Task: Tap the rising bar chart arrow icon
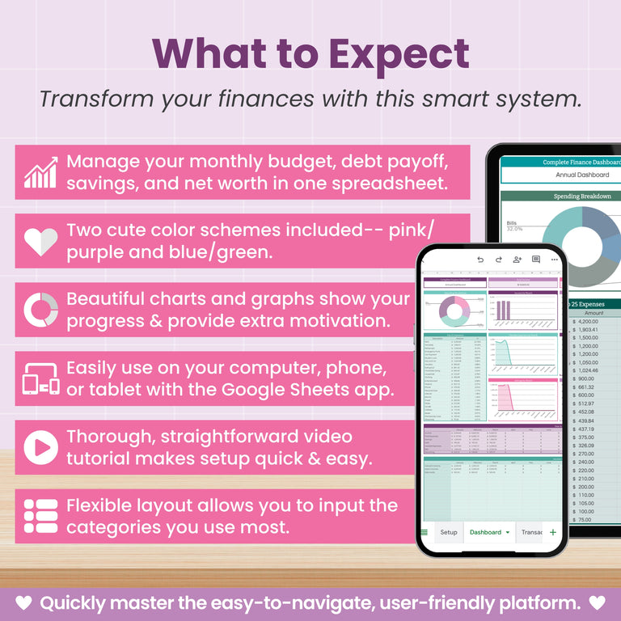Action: pos(40,172)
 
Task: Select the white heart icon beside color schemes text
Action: pos(40,241)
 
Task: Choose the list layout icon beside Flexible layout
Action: pos(40,517)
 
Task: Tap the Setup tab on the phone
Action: pos(448,532)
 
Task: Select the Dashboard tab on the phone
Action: pos(486,532)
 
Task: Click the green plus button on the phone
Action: pos(553,532)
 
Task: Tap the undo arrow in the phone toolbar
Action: pos(480,260)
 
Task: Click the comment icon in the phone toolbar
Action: pos(535,260)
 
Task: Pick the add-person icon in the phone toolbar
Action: pos(517,260)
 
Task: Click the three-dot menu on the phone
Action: pos(554,260)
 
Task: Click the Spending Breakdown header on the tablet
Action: pos(582,196)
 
